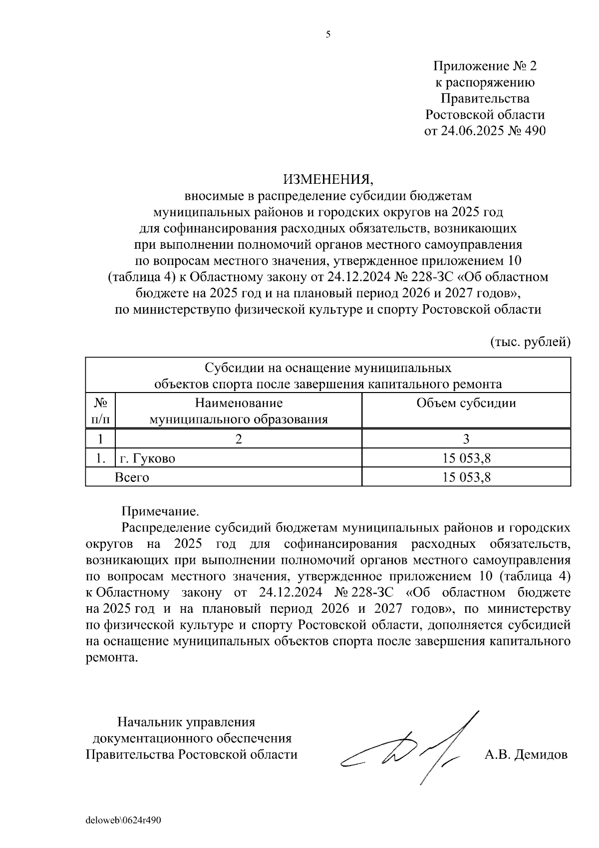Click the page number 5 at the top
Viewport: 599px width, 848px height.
coord(328,34)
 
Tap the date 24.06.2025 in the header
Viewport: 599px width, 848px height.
coord(472,131)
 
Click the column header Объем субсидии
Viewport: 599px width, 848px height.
coord(466,403)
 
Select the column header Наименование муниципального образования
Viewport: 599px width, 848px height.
coord(239,411)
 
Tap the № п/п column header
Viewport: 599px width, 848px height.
coord(100,411)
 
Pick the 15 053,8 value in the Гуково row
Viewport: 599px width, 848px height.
coord(466,458)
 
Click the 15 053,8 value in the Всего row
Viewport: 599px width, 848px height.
coord(466,477)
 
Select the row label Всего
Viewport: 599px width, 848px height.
coord(132,477)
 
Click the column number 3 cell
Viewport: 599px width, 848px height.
coord(466,439)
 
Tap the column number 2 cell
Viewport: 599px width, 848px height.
coord(239,439)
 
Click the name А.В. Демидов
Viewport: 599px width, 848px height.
coord(526,754)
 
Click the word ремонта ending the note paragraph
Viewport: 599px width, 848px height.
coord(110,658)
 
